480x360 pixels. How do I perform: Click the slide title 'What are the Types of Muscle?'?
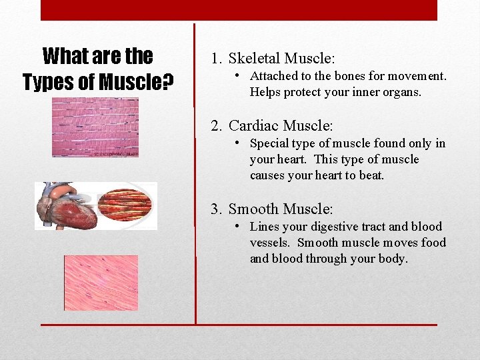98,69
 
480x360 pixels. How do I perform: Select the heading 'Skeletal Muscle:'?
282,58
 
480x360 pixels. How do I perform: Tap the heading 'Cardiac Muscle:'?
280,125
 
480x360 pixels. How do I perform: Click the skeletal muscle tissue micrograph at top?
95,127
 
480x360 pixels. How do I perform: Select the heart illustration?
67,207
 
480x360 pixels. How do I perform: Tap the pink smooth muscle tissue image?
101,283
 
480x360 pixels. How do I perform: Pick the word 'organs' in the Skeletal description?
401,93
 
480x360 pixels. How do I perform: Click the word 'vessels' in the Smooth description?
271,243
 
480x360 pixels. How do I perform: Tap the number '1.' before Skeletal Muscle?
217,58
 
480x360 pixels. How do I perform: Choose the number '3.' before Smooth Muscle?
217,209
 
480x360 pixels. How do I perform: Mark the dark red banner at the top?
239,10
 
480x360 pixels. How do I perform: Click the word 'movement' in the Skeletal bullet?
417,76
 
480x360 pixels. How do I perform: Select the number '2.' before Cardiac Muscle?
217,125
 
